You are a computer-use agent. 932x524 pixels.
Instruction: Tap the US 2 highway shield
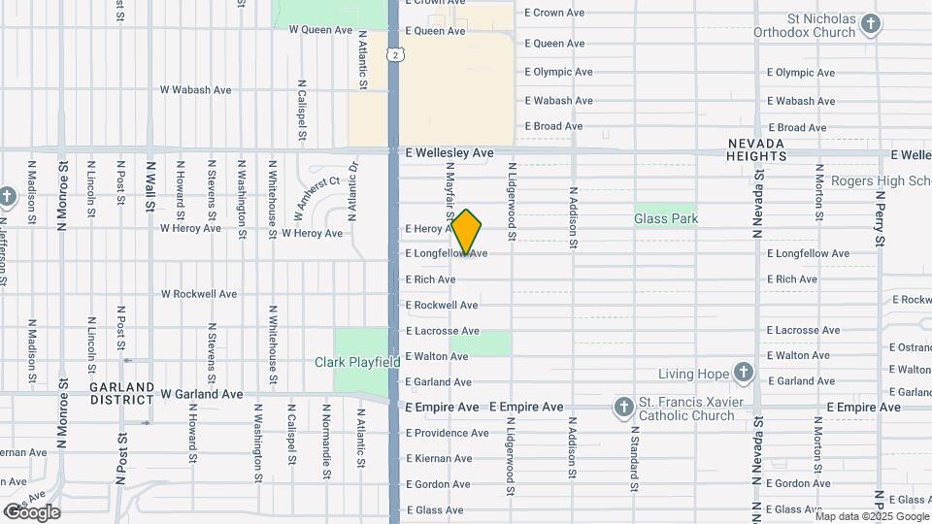tap(395, 55)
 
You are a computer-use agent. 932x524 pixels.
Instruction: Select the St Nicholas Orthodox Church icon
tap(871, 23)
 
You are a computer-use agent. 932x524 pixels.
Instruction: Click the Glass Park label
tap(666, 219)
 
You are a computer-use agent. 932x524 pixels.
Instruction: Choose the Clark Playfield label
tap(357, 362)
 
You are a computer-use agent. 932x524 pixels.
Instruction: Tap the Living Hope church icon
tap(743, 374)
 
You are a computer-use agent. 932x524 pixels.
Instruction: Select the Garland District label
tap(122, 393)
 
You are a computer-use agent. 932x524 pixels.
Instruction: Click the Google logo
tap(31, 511)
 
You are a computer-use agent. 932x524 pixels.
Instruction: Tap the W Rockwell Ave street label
tap(199, 294)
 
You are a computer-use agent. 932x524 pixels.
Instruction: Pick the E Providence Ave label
tap(447, 433)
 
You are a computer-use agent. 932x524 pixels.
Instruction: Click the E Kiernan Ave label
tap(439, 458)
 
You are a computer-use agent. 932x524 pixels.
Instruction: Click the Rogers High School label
tap(874, 181)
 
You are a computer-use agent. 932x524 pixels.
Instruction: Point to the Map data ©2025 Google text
tap(871, 516)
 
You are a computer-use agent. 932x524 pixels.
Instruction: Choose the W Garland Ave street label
tap(202, 395)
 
